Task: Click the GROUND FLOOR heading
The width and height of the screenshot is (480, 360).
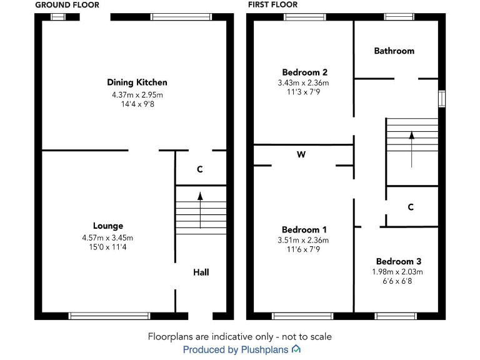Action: tap(67, 5)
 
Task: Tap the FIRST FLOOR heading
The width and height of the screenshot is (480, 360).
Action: tap(272, 4)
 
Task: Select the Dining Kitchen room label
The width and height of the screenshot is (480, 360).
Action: tap(137, 82)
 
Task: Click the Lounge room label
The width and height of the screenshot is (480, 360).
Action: tap(108, 226)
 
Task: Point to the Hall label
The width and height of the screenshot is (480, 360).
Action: tap(201, 272)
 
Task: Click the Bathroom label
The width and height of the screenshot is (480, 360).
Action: tap(394, 51)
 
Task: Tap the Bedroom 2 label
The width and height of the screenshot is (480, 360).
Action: tap(304, 72)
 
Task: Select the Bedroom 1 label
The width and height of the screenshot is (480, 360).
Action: tap(304, 229)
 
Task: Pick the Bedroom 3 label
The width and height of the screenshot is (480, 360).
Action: tap(399, 261)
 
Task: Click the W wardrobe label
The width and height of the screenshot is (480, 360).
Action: tap(301, 154)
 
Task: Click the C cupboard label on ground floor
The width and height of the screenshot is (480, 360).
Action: tap(200, 169)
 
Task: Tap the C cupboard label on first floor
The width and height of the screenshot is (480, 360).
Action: tap(411, 207)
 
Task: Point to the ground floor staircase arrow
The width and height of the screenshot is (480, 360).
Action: tap(200, 210)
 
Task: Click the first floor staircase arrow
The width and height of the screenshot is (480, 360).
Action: tap(412, 149)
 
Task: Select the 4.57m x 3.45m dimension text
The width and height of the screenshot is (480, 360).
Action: tap(107, 238)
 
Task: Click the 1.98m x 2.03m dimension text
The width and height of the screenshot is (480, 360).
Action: tap(397, 271)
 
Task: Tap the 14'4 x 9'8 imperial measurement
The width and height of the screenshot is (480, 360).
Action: tap(137, 104)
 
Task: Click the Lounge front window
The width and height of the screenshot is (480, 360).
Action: tap(109, 316)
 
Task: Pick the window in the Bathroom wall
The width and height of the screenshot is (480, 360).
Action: tap(399, 17)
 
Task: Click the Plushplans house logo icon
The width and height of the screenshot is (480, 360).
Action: tap(296, 349)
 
